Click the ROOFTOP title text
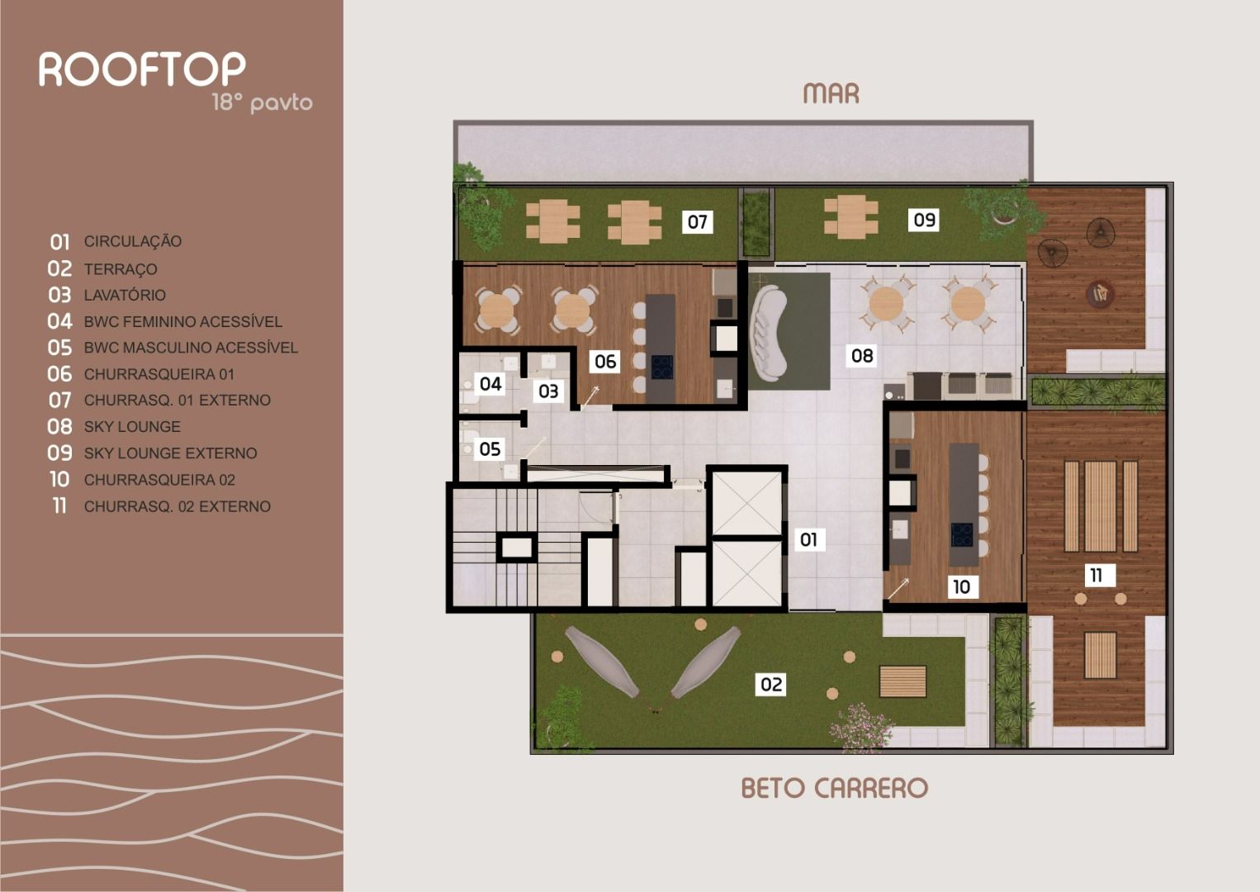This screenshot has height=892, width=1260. pyautogui.click(x=142, y=69)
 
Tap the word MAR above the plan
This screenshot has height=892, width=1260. pyautogui.click(x=831, y=94)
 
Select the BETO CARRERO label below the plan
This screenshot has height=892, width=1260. pyautogui.click(x=834, y=788)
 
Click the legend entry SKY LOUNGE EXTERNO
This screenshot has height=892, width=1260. pyautogui.click(x=170, y=453)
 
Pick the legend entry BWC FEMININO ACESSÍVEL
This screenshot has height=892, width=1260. pyautogui.click(x=182, y=321)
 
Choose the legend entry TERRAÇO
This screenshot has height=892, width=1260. pyautogui.click(x=120, y=269)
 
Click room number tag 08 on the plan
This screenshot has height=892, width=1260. pyautogui.click(x=862, y=355)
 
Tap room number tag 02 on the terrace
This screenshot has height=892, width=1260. pyautogui.click(x=771, y=684)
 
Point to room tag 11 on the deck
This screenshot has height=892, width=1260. pyautogui.click(x=1096, y=575)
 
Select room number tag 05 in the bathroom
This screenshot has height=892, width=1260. pyautogui.click(x=490, y=448)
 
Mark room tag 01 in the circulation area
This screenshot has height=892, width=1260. pyautogui.click(x=808, y=539)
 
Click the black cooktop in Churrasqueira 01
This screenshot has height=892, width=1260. pyautogui.click(x=661, y=367)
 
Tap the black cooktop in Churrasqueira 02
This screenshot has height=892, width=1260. pyautogui.click(x=962, y=534)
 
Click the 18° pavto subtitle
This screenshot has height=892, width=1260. pyautogui.click(x=262, y=102)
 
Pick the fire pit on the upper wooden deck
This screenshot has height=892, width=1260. pyautogui.click(x=1099, y=292)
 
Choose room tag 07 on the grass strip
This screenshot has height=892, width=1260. pyautogui.click(x=698, y=221)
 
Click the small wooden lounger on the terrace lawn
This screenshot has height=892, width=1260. pyautogui.click(x=902, y=681)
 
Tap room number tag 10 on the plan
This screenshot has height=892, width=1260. pyautogui.click(x=961, y=586)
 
